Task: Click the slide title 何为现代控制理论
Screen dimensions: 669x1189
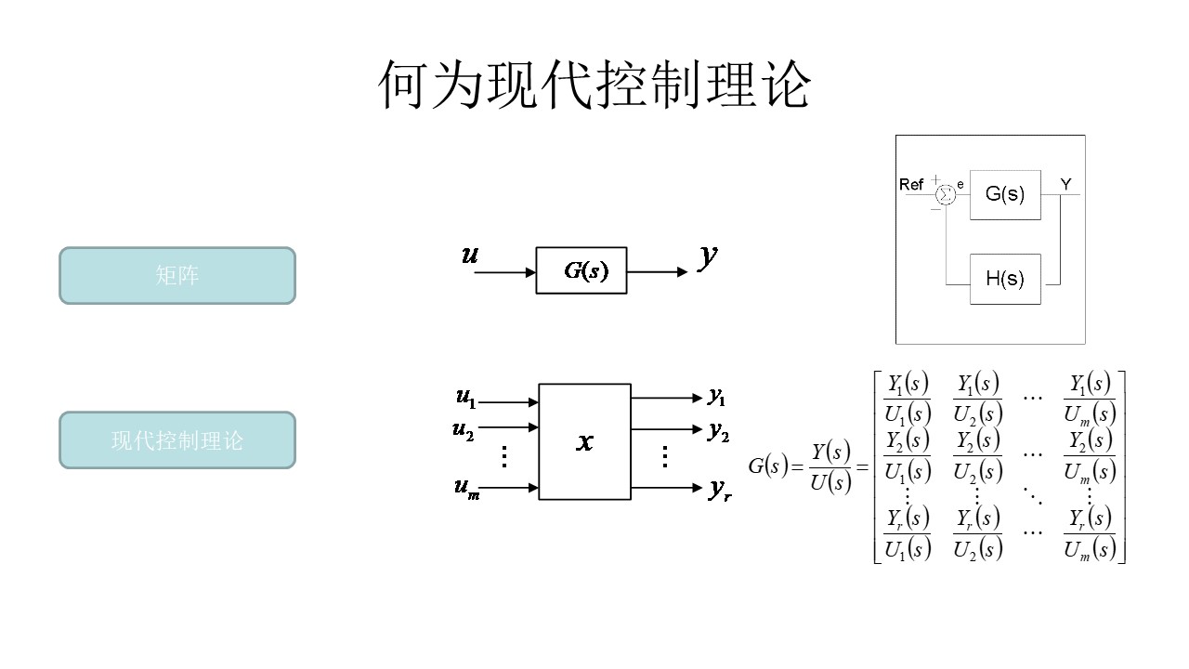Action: point(594,85)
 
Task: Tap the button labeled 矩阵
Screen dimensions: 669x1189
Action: point(177,275)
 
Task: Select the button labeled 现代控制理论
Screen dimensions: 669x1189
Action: point(177,439)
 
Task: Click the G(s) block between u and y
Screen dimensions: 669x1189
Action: point(581,271)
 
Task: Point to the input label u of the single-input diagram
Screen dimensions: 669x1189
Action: point(470,254)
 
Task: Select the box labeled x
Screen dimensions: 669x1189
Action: point(584,441)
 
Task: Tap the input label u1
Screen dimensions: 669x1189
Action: point(465,398)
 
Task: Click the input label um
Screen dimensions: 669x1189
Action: point(466,490)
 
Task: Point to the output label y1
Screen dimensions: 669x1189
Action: point(716,397)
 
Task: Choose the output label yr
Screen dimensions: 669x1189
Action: point(720,490)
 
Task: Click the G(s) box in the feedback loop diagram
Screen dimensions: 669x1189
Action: point(1005,194)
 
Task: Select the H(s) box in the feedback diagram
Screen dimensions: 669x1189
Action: point(1005,278)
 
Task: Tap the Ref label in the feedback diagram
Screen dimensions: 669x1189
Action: point(911,185)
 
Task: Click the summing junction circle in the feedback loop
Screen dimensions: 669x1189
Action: point(945,194)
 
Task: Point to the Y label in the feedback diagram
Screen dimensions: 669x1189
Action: point(1065,185)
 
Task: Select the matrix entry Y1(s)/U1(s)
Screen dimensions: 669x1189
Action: point(908,399)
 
